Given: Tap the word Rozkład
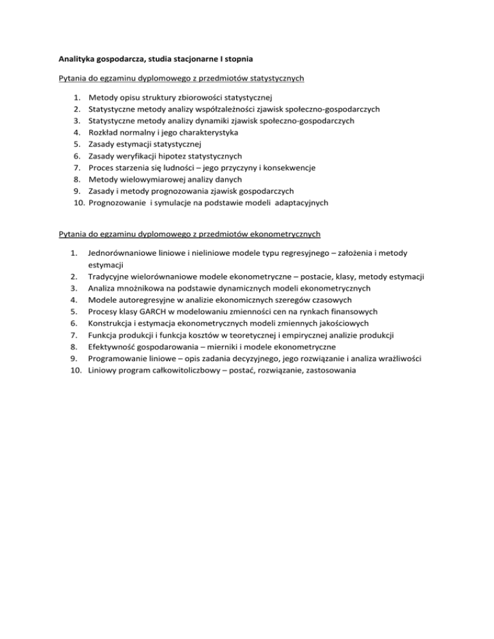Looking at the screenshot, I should point(105,132).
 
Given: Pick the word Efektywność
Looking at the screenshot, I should point(113,347).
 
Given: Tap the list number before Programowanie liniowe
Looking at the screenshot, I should point(75,359).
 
